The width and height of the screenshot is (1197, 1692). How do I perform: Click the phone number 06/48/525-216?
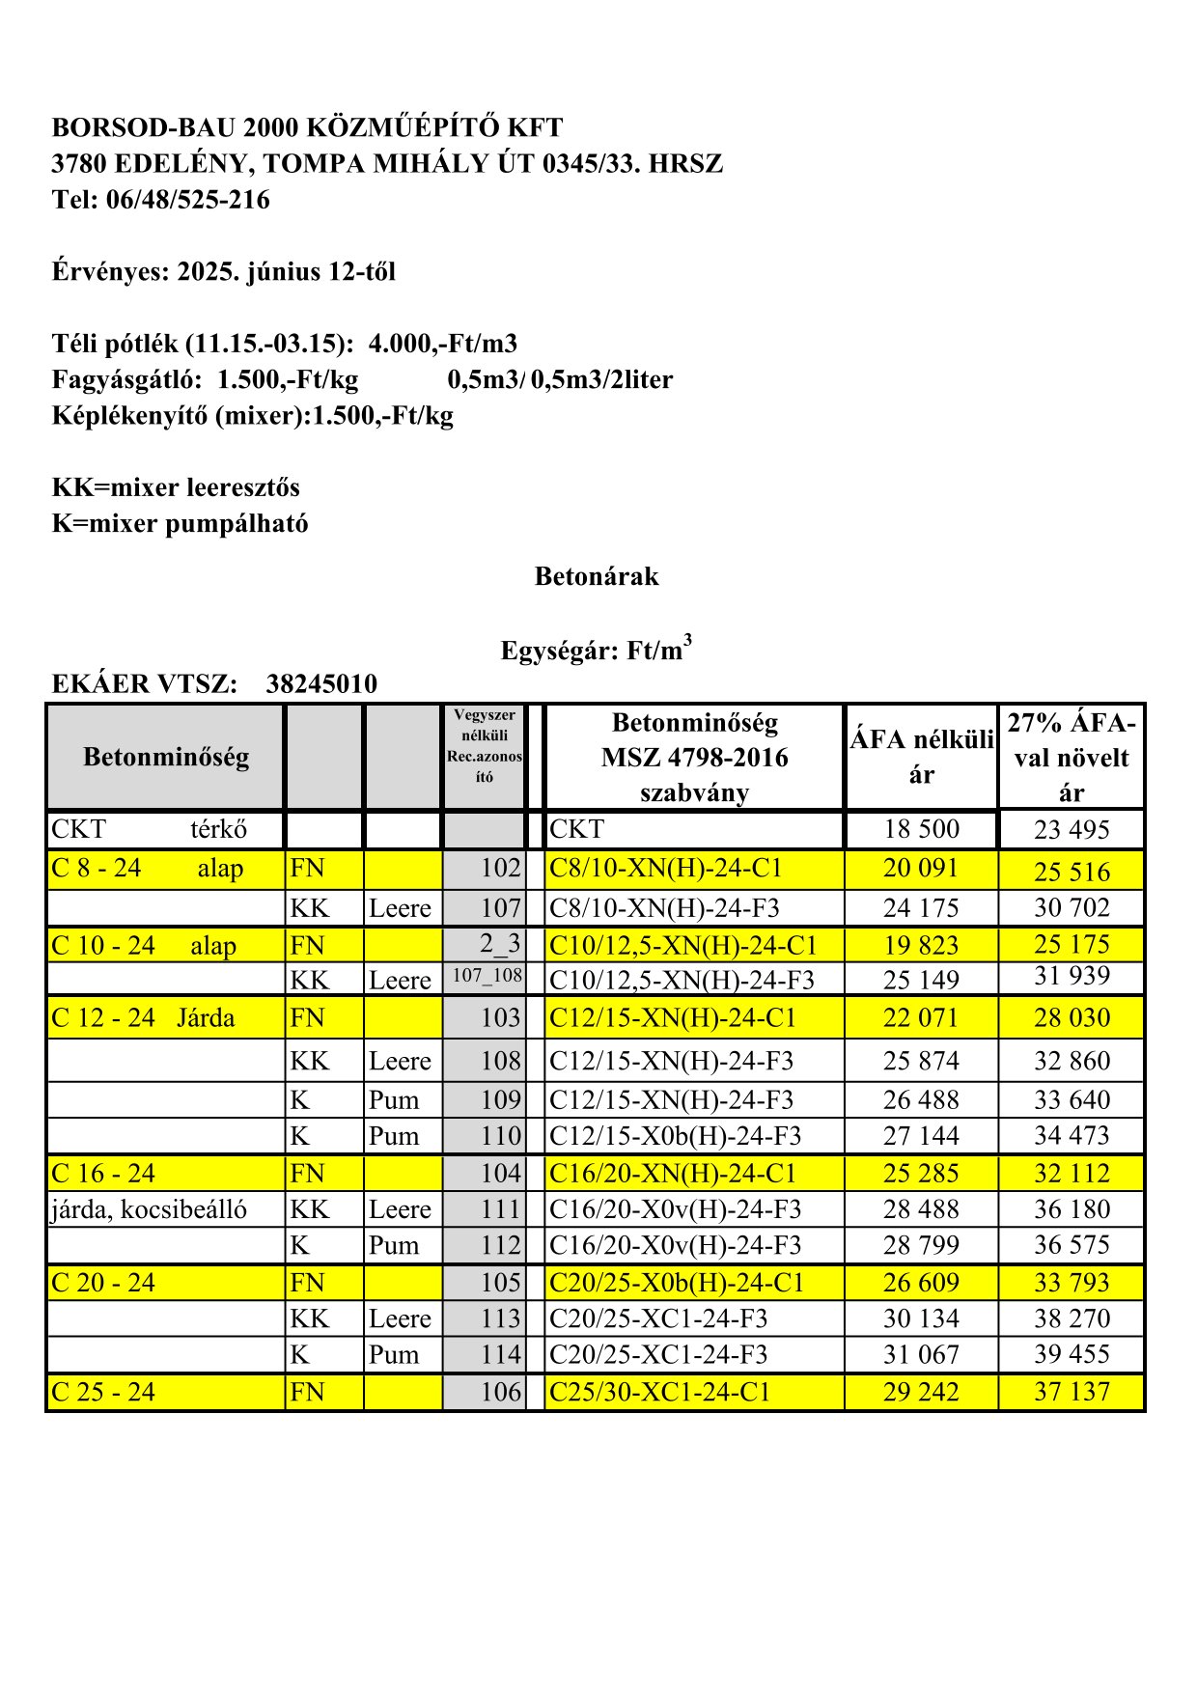click(x=187, y=200)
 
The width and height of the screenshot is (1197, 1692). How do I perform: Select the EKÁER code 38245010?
click(x=321, y=684)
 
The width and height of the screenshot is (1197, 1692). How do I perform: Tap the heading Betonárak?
click(x=597, y=577)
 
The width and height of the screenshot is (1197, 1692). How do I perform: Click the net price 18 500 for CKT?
click(x=921, y=829)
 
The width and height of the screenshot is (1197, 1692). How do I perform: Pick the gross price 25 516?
click(x=1072, y=871)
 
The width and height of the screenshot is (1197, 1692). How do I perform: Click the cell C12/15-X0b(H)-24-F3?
click(x=675, y=1136)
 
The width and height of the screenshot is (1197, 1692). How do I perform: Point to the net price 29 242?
click(x=921, y=1392)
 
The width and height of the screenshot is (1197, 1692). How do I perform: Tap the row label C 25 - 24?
click(x=103, y=1392)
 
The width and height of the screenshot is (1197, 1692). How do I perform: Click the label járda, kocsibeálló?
click(x=149, y=1209)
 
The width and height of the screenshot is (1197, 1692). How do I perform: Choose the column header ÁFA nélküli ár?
click(x=921, y=757)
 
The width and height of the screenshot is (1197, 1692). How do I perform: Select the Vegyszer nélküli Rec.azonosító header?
click(x=485, y=745)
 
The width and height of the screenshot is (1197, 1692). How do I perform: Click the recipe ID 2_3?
click(x=500, y=943)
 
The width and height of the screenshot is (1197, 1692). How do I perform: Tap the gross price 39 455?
click(x=1072, y=1354)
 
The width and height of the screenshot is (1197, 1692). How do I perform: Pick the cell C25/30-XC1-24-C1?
click(x=660, y=1392)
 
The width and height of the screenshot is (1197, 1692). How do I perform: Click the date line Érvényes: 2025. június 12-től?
click(x=224, y=272)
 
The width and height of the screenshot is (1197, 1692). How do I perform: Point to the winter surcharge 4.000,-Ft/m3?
click(x=442, y=344)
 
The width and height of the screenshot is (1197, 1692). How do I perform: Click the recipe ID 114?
click(x=500, y=1354)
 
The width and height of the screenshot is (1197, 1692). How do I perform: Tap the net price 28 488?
click(x=921, y=1209)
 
